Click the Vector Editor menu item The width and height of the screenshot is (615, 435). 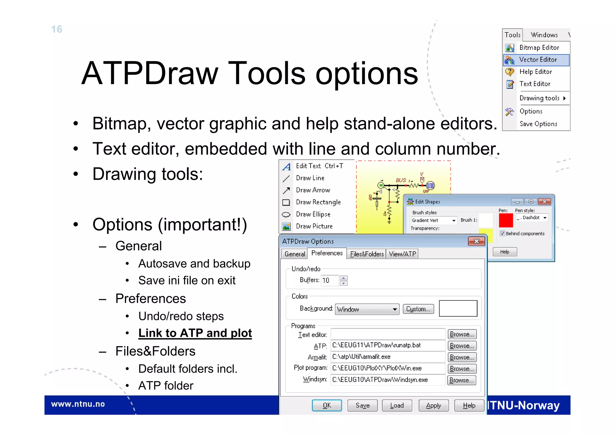point(538,60)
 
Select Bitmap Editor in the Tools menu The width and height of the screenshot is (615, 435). point(539,47)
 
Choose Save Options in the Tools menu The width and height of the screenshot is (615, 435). point(538,124)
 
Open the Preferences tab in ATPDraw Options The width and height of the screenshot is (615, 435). point(327,253)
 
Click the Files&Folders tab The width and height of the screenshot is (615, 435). point(367,254)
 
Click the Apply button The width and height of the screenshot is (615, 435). point(433,406)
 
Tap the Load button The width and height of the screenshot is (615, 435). point(397,406)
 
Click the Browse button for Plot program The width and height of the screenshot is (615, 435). point(462,369)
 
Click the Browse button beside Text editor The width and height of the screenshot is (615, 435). point(462,334)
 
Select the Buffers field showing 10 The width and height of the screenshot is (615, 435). point(330,280)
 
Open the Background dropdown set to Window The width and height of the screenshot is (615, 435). point(367,309)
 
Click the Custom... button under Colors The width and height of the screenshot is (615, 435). point(418,309)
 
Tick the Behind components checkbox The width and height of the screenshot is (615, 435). point(502,233)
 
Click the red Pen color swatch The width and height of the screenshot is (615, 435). point(506,220)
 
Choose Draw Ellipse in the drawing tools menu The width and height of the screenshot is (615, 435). point(313,214)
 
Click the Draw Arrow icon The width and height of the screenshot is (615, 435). point(286,190)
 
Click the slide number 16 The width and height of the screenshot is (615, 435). point(57,29)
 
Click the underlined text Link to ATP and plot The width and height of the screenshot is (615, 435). point(195,333)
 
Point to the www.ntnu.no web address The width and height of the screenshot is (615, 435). point(78,404)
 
